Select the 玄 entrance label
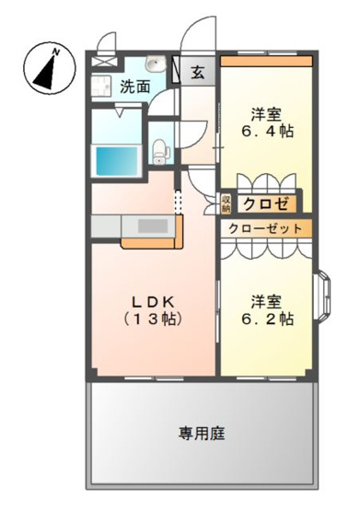pyautogui.click(x=198, y=74)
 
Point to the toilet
pyautogui.click(x=160, y=147)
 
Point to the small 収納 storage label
pyautogui.click(x=226, y=202)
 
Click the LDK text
pyautogui.click(x=151, y=301)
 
